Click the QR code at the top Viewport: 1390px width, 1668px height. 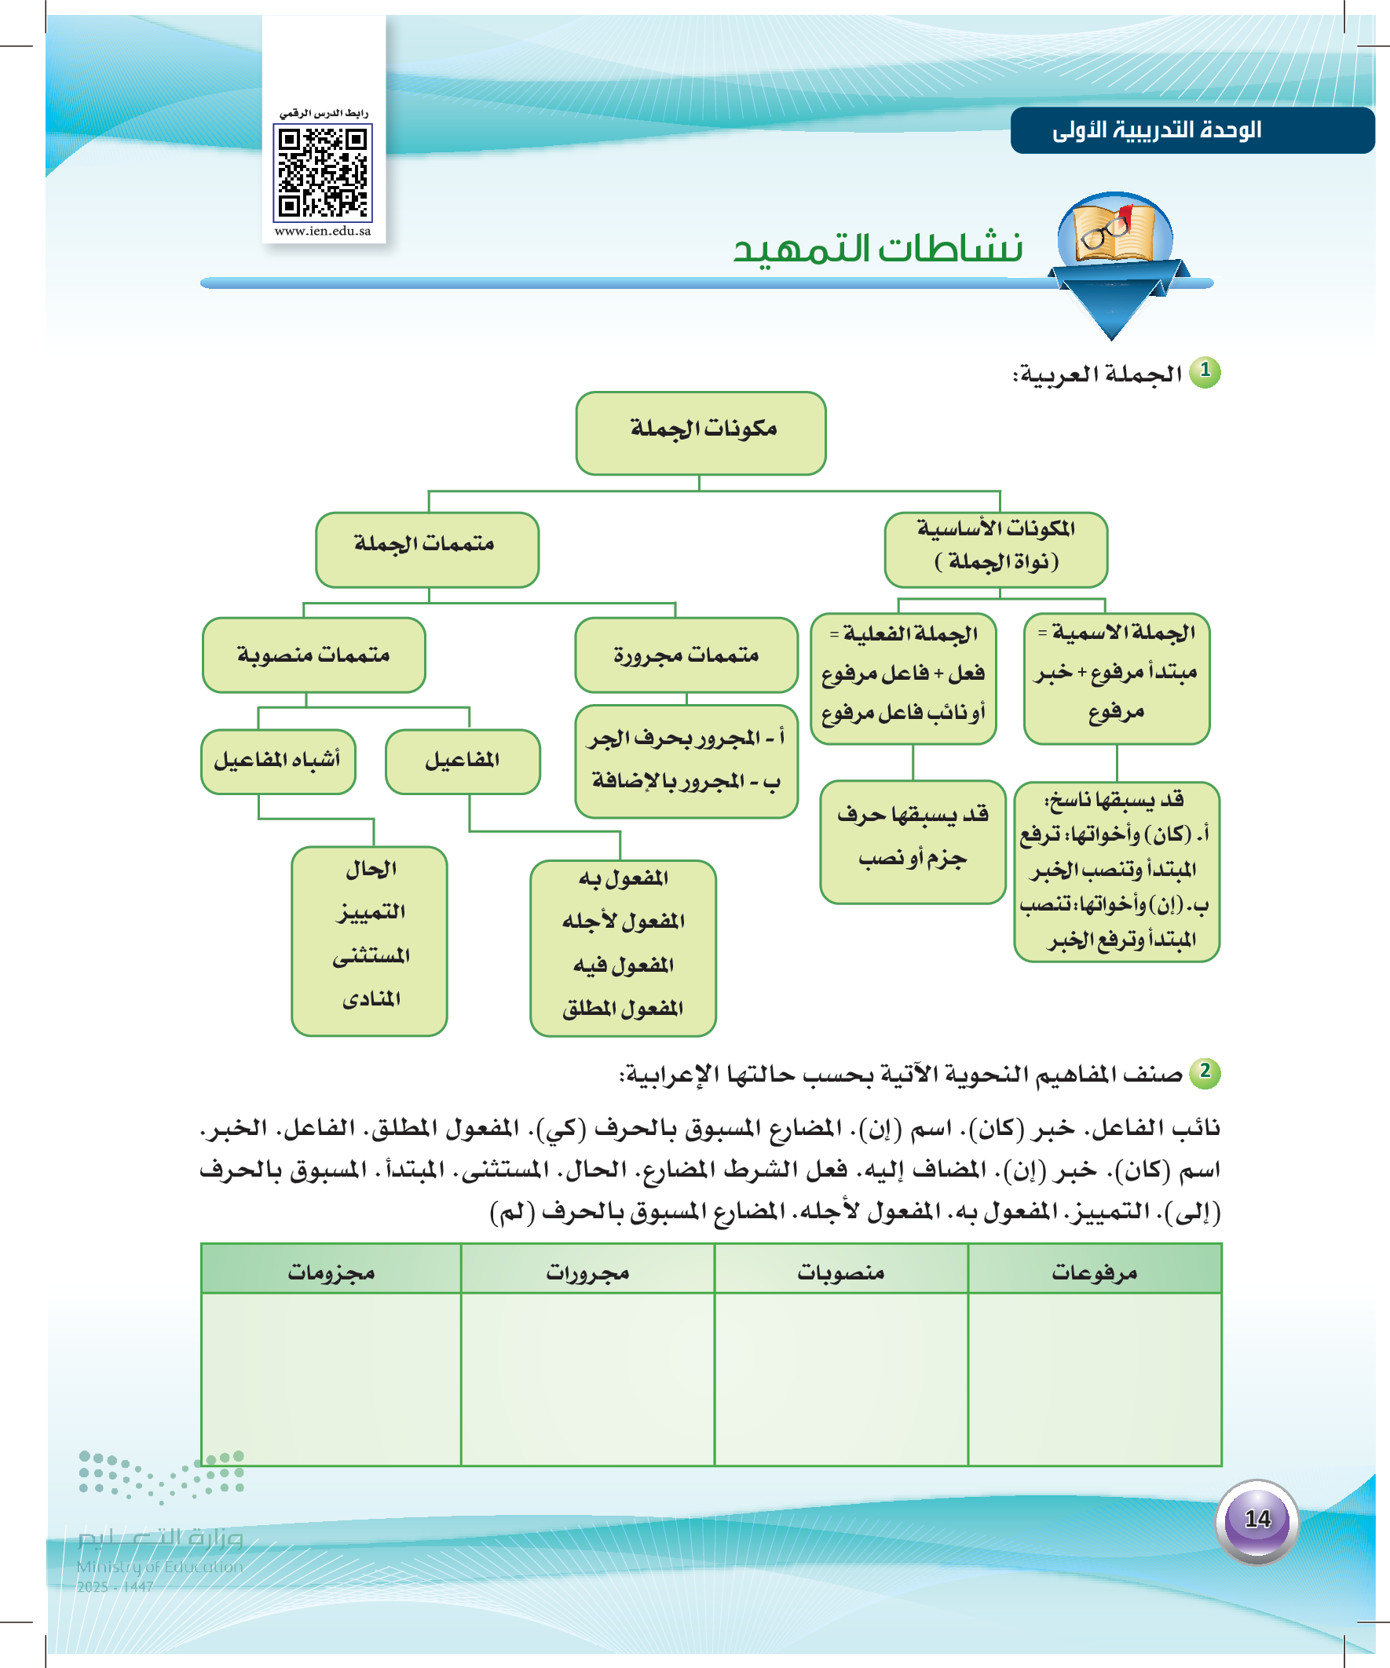pyautogui.click(x=323, y=173)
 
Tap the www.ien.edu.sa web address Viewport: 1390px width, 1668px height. pyautogui.click(x=323, y=231)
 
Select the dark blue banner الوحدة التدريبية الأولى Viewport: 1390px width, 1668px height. pyautogui.click(x=1191, y=130)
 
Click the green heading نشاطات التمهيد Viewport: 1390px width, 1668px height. pyautogui.click(x=877, y=249)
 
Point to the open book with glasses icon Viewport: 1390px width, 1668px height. pyautogui.click(x=1114, y=230)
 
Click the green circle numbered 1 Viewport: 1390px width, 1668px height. pyautogui.click(x=1205, y=371)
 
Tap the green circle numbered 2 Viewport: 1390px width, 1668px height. pyautogui.click(x=1205, y=1071)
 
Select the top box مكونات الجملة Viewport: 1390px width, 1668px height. pyautogui.click(x=700, y=432)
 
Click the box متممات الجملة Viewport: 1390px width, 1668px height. pyautogui.click(x=426, y=549)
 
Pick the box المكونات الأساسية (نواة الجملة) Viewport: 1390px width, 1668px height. pyautogui.click(x=995, y=549)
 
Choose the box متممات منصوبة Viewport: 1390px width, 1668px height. pyautogui.click(x=314, y=655)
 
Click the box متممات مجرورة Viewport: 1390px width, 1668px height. pyautogui.click(x=686, y=655)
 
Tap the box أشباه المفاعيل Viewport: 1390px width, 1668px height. pyautogui.click(x=277, y=761)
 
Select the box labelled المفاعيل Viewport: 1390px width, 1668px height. pyautogui.click(x=463, y=761)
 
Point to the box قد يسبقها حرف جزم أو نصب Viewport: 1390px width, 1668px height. pyautogui.click(x=913, y=841)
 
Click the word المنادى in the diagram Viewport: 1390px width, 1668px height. pyautogui.click(x=371, y=998)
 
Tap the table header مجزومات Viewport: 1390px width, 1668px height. pyautogui.click(x=331, y=1272)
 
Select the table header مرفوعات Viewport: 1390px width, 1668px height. pyautogui.click(x=1094, y=1272)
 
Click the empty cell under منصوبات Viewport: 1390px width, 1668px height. pyautogui.click(x=841, y=1378)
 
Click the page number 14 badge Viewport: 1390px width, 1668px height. pyautogui.click(x=1256, y=1520)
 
